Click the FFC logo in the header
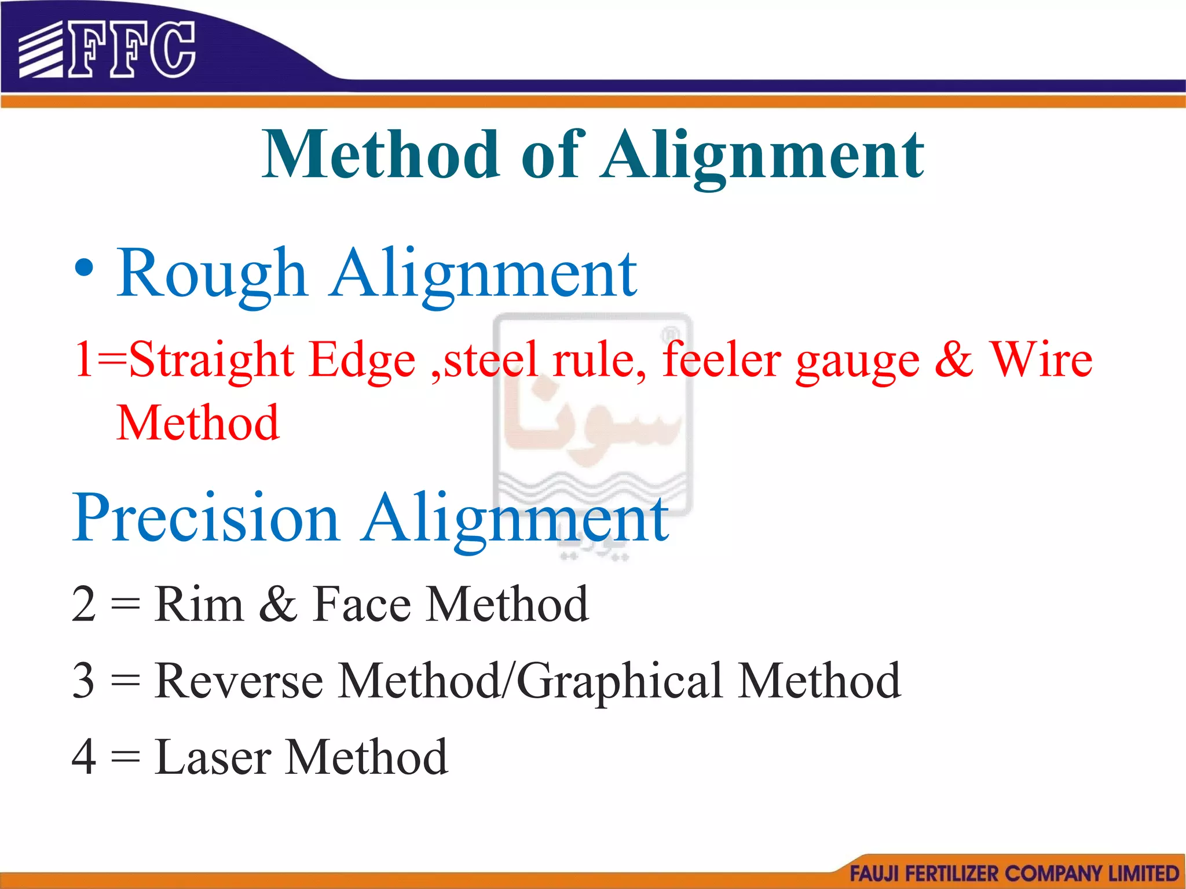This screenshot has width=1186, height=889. tap(107, 50)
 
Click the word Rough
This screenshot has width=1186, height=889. tap(211, 273)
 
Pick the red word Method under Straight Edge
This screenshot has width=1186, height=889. tap(198, 423)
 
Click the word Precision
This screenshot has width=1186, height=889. tap(206, 517)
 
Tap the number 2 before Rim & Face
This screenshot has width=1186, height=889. tap(83, 604)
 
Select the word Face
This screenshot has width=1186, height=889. tap(362, 604)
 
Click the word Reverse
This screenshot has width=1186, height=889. tap(239, 681)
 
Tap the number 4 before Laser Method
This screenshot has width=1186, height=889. tap(83, 756)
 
